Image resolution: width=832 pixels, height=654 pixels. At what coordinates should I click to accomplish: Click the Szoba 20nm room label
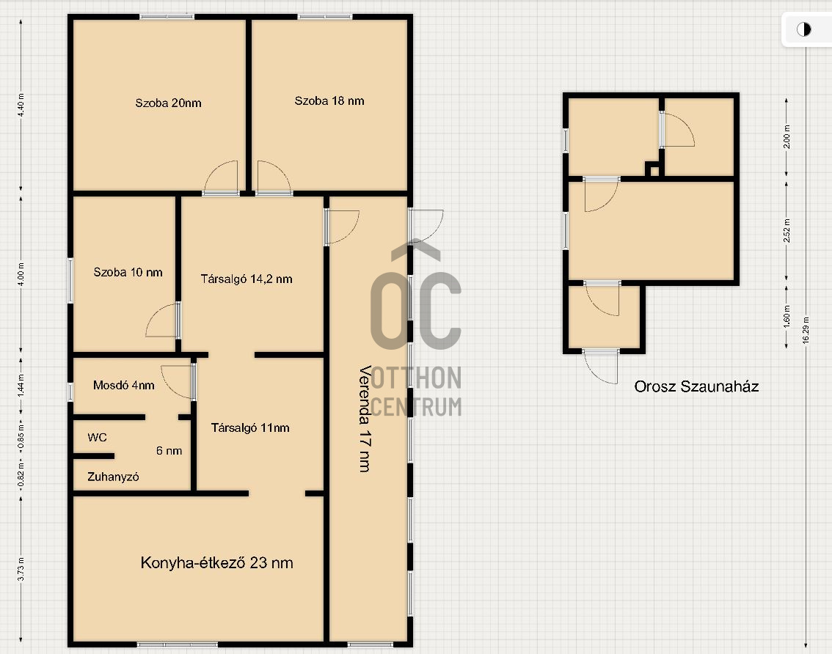pyautogui.click(x=168, y=103)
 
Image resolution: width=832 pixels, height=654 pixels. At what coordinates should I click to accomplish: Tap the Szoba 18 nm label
pyautogui.click(x=329, y=100)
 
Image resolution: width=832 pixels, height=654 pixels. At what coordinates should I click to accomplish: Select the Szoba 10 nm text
pyautogui.click(x=128, y=272)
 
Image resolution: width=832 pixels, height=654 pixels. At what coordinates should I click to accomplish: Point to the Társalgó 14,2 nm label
pyautogui.click(x=247, y=279)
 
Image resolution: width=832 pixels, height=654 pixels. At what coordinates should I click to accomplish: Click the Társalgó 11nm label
pyautogui.click(x=250, y=427)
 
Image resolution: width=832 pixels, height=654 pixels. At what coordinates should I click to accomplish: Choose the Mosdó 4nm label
pyautogui.click(x=124, y=385)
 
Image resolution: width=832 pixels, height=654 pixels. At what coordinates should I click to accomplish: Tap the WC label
pyautogui.click(x=97, y=438)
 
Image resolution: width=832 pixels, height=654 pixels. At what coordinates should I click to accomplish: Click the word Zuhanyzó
pyautogui.click(x=113, y=477)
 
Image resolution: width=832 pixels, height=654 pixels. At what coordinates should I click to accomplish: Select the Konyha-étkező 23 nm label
pyautogui.click(x=216, y=563)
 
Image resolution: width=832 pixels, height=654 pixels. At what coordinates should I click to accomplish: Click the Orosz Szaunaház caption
pyautogui.click(x=696, y=386)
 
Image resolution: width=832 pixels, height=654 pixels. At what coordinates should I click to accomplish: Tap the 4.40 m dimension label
pyautogui.click(x=21, y=105)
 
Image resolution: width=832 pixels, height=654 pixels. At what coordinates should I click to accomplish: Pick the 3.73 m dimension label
pyautogui.click(x=21, y=569)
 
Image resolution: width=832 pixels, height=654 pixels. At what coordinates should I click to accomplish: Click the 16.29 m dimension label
pyautogui.click(x=806, y=331)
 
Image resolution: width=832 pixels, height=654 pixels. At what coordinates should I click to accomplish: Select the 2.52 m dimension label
pyautogui.click(x=787, y=231)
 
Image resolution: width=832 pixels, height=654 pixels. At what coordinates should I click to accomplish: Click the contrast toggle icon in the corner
pyautogui.click(x=804, y=29)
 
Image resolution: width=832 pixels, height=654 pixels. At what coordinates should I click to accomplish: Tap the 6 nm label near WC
pyautogui.click(x=169, y=451)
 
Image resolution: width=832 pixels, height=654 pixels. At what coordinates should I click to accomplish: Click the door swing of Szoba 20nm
pyautogui.click(x=221, y=177)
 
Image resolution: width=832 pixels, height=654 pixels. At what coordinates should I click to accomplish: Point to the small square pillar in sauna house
pyautogui.click(x=654, y=170)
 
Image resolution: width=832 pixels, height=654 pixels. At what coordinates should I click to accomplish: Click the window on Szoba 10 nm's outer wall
pyautogui.click(x=70, y=281)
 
